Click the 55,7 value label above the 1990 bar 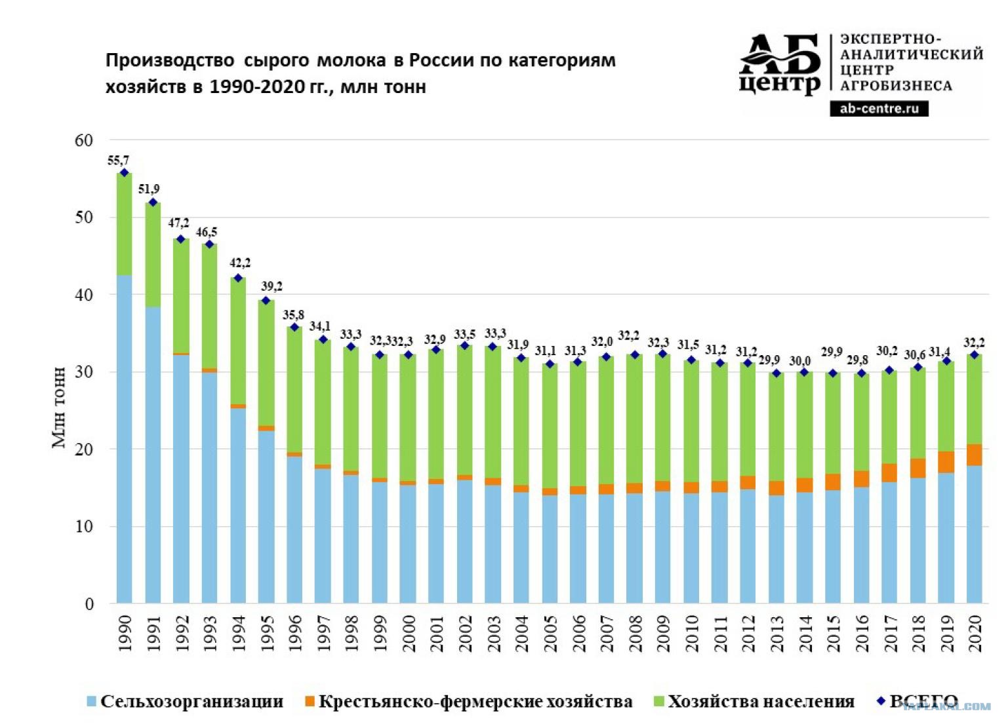118,161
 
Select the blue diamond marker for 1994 238,278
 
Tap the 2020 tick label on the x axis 975,634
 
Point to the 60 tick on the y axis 84,140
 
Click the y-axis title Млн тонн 59,408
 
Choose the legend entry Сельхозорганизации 186,701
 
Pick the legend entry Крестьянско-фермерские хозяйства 469,701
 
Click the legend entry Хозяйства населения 754,701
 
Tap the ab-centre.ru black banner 879,108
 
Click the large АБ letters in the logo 779,55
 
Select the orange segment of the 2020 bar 975,455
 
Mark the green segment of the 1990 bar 124,224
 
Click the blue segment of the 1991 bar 153,455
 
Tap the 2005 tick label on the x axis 550,634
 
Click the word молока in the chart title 352,61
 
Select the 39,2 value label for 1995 272,286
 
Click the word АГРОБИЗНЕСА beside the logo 896,85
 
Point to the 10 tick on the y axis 84,526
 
